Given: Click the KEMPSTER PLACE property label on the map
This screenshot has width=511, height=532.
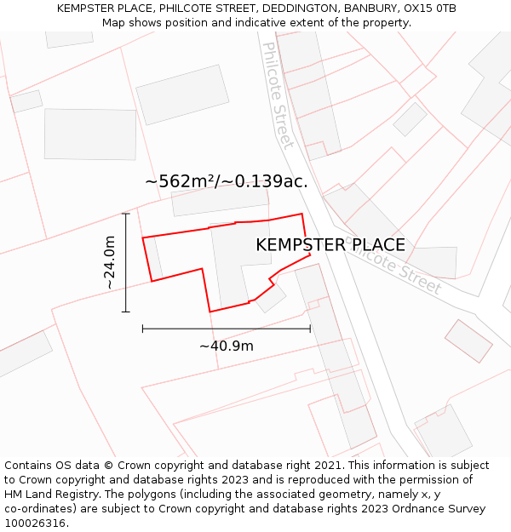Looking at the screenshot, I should pyautogui.click(x=330, y=245).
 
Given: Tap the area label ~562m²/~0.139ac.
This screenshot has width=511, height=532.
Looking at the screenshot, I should pyautogui.click(x=226, y=181).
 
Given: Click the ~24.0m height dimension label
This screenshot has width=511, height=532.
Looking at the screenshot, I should pyautogui.click(x=110, y=262).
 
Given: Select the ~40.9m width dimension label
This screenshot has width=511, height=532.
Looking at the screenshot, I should pyautogui.click(x=226, y=346).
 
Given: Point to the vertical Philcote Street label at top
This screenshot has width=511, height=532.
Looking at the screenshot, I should pyautogui.click(x=278, y=94).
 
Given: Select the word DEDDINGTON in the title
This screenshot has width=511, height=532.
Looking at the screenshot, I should pyautogui.click(x=299, y=9).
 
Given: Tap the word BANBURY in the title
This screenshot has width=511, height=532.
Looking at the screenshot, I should pyautogui.click(x=369, y=9).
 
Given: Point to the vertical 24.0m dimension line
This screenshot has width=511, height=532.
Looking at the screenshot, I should pyautogui.click(x=126, y=262).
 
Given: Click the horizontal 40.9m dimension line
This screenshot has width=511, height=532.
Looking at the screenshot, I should pyautogui.click(x=226, y=328).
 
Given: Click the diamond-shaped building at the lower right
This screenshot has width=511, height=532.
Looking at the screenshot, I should pyautogui.click(x=468, y=340).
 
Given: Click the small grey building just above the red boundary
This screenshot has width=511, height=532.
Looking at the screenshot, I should pyautogui.click(x=219, y=203).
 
